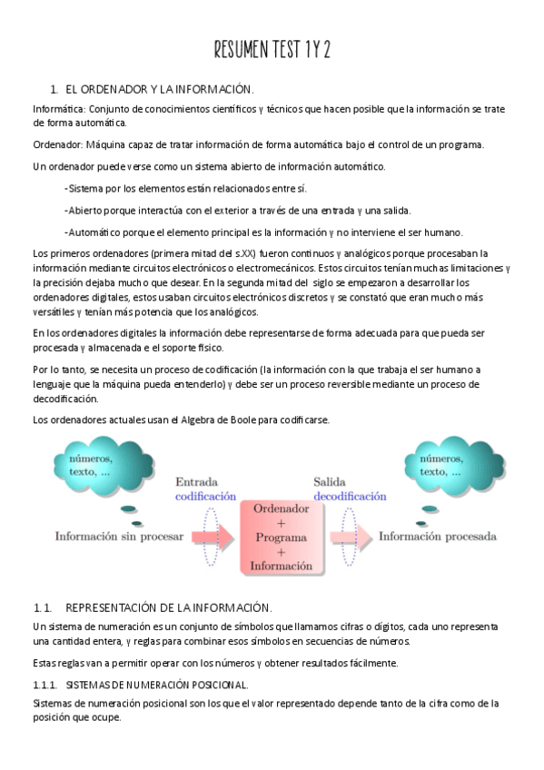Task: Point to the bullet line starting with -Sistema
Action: pyautogui.click(x=185, y=188)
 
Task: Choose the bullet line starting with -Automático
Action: pyautogui.click(x=263, y=232)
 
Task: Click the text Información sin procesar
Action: pyautogui.click(x=112, y=536)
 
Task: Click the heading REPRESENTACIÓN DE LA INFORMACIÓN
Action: pyautogui.click(x=169, y=607)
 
